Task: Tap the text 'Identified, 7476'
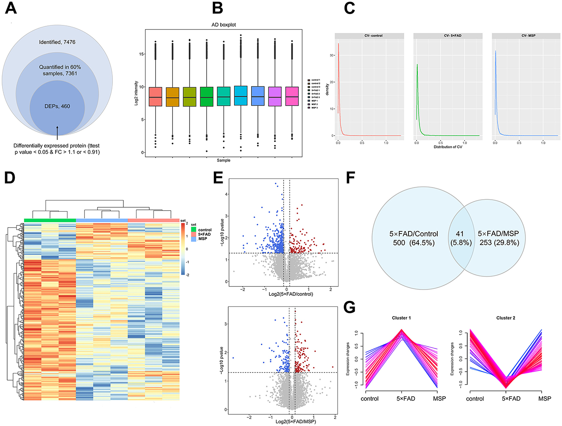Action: click(57, 42)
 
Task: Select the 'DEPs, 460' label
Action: click(57, 106)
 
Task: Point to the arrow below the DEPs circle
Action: click(57, 132)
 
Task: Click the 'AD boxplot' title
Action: click(224, 25)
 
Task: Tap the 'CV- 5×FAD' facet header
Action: click(447, 36)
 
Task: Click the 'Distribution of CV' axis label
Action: click(447, 147)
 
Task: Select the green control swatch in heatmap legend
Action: click(193, 230)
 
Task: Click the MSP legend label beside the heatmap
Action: click(203, 239)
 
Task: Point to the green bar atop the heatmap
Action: click(50, 220)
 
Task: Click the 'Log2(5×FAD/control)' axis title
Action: click(291, 294)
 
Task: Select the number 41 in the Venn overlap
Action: click(460, 234)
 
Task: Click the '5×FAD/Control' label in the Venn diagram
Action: click(414, 234)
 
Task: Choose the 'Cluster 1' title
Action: click(401, 318)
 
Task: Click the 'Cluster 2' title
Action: click(506, 318)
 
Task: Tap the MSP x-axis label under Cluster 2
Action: click(545, 398)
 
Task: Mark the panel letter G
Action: click(349, 306)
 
